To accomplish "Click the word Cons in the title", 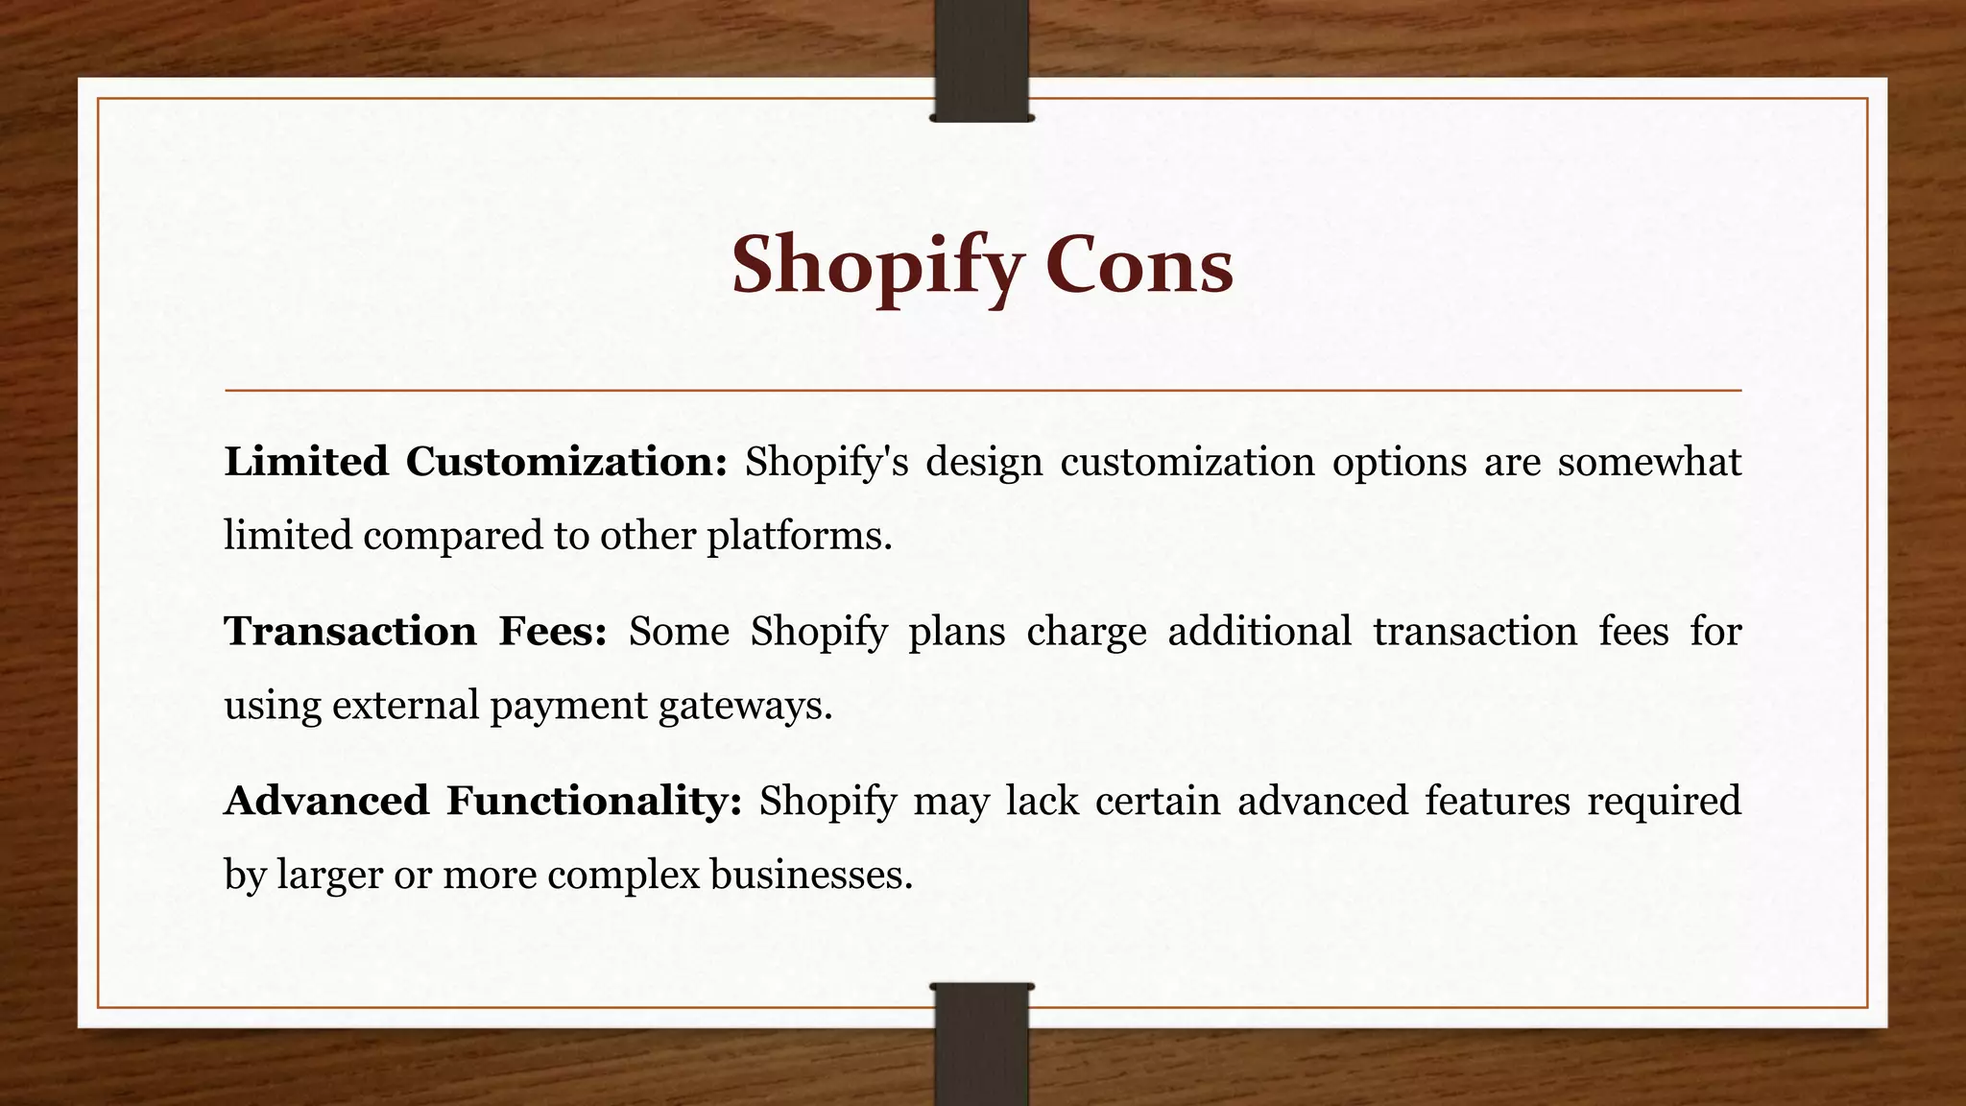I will [x=1139, y=265].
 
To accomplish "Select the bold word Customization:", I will [x=566, y=462].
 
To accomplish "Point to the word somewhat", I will [x=1649, y=462].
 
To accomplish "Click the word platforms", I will [x=800, y=535].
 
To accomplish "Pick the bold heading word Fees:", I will [x=552, y=632].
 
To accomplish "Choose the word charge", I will [x=1086, y=632].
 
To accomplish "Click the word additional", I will [x=1259, y=632].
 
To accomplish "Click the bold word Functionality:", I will [x=594, y=801].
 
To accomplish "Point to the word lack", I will [x=1042, y=801].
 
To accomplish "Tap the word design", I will [x=984, y=462].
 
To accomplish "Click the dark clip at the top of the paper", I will [x=982, y=60].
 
